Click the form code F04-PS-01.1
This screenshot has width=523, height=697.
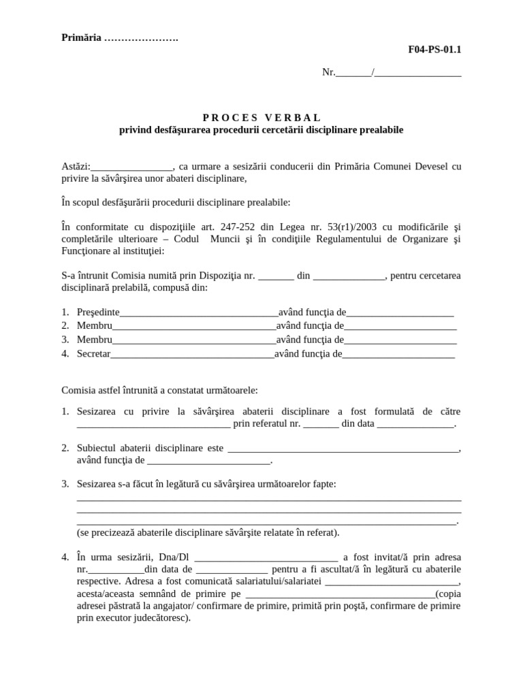[439, 50]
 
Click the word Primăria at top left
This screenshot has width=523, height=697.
[81, 37]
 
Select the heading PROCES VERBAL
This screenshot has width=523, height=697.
[261, 118]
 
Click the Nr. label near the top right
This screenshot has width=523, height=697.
[329, 72]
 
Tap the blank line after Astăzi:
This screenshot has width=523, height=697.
[131, 167]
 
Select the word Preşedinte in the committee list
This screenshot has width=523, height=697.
[98, 312]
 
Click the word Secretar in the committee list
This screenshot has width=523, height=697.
[93, 353]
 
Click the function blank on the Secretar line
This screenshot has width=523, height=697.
[398, 355]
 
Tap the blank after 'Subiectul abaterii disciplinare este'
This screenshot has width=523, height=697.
[343, 449]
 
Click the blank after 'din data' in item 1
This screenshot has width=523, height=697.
[415, 425]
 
